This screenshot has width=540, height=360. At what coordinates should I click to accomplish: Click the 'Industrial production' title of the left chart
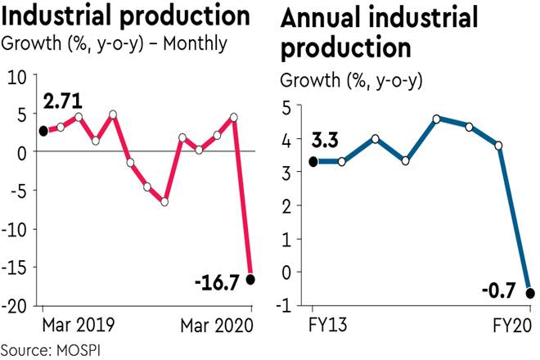pos(127,16)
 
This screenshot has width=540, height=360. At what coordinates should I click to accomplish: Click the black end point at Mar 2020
pos(250,279)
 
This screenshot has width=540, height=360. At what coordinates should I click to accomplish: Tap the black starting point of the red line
pos(43,131)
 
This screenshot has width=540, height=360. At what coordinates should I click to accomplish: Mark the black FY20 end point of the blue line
pos(530,293)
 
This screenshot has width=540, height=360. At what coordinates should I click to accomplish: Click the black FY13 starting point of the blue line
pos(313,161)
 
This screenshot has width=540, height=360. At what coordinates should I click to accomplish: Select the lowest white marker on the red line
pos(164,201)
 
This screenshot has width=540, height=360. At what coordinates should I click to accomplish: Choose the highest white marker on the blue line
pos(437,119)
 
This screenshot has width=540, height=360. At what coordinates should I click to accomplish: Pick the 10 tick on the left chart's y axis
pos(19,76)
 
